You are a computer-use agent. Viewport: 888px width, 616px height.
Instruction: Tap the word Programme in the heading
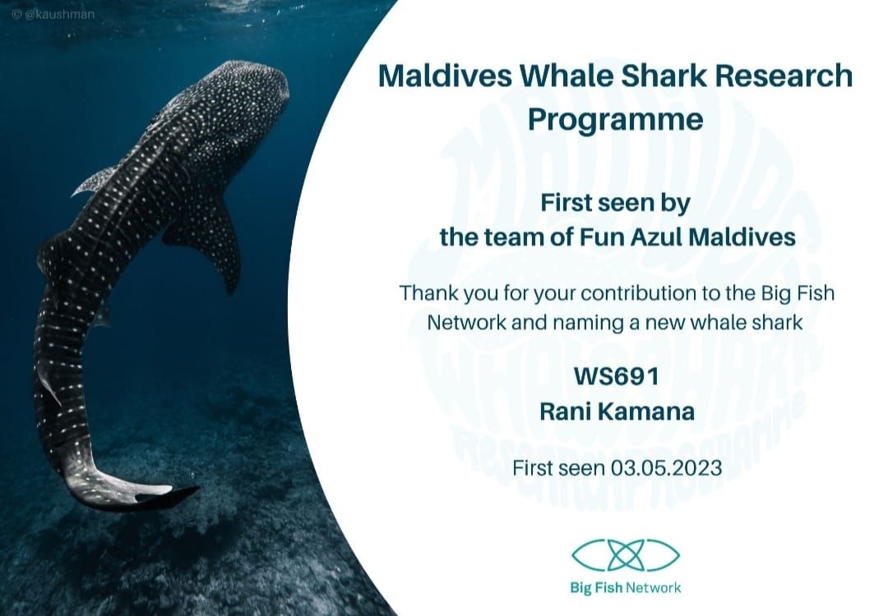click(x=616, y=120)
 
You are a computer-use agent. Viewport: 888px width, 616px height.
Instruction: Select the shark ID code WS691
click(x=617, y=375)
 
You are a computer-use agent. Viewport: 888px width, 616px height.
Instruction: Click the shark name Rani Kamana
click(x=617, y=411)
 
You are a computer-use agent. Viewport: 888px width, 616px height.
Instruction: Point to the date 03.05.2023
click(x=667, y=468)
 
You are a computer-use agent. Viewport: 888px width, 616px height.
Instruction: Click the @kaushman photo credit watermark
click(x=53, y=14)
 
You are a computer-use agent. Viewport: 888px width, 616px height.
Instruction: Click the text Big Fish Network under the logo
click(x=625, y=588)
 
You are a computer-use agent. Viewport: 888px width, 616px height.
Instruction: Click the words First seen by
click(x=616, y=203)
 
